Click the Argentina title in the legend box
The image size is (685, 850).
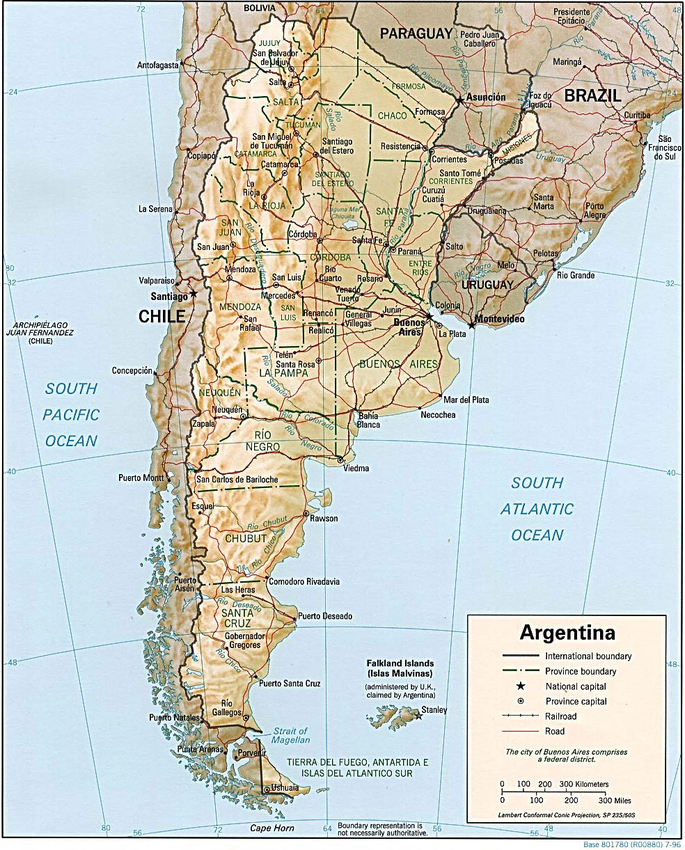click(x=567, y=633)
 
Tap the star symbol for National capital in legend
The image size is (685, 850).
click(x=520, y=686)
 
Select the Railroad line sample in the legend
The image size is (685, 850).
click(x=520, y=716)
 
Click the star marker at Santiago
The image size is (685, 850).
click(x=194, y=294)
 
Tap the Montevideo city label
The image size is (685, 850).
click(x=499, y=320)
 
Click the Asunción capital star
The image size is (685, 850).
click(x=459, y=100)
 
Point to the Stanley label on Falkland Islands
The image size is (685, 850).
click(x=434, y=710)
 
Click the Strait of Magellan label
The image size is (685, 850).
click(x=290, y=736)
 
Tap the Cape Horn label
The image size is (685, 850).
click(x=272, y=828)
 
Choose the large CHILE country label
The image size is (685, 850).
click(x=162, y=317)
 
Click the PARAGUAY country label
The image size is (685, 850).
click(x=416, y=33)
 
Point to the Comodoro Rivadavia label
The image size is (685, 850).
click(x=304, y=581)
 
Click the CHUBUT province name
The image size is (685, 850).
click(x=246, y=538)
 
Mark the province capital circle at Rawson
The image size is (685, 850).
click(x=306, y=514)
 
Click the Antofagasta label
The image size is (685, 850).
click(x=158, y=65)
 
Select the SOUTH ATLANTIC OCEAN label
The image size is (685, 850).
click(x=537, y=509)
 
